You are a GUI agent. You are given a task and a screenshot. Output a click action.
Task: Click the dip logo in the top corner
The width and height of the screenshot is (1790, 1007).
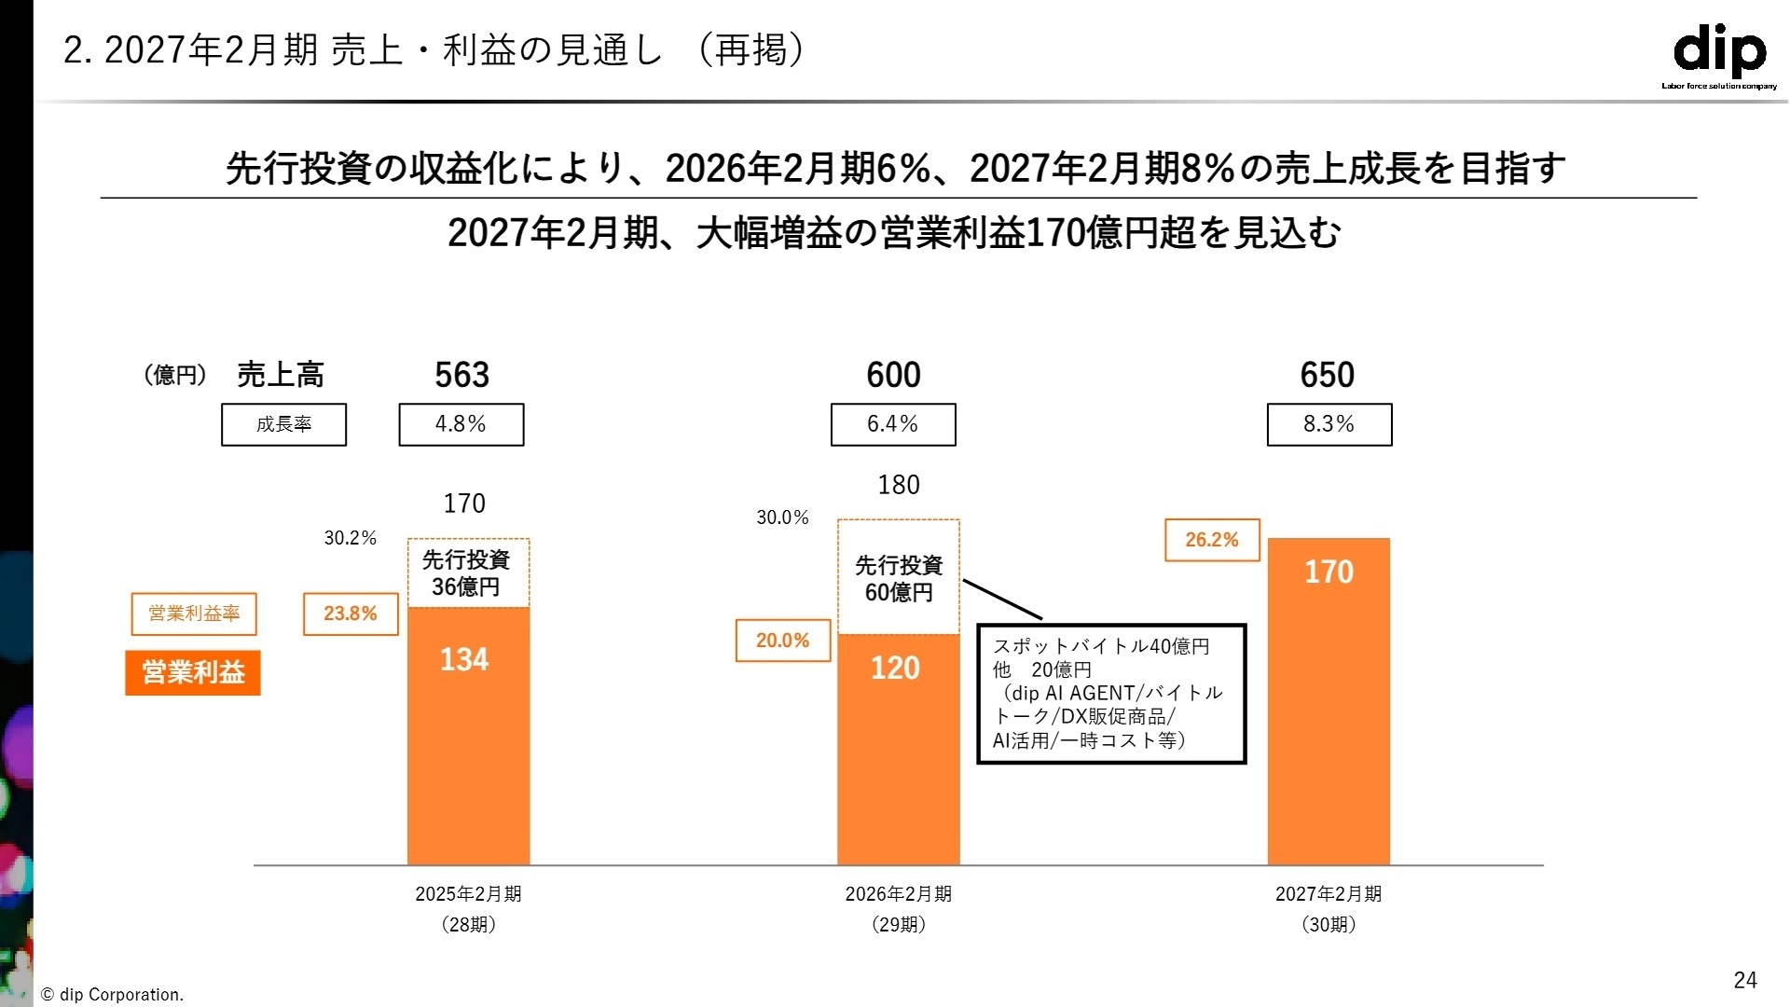tap(1719, 54)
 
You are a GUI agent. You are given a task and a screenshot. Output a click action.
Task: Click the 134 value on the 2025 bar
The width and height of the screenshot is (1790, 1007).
tap(464, 660)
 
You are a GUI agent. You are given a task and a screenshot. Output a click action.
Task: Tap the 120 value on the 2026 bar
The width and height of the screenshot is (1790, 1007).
tap(895, 669)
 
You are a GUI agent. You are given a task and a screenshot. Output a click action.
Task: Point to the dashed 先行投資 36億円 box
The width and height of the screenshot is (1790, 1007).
tap(468, 572)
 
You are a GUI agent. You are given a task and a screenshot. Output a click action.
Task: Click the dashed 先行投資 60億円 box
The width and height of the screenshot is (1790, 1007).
tap(898, 578)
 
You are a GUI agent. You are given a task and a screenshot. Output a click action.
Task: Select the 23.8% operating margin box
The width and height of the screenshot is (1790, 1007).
tap(351, 614)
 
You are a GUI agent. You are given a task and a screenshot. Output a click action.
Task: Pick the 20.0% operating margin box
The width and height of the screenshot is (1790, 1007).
tap(782, 641)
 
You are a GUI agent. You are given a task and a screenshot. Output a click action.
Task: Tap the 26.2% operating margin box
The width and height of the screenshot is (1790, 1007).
tap(1212, 540)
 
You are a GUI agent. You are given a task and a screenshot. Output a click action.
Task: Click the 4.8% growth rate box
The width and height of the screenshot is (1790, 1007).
tap(461, 424)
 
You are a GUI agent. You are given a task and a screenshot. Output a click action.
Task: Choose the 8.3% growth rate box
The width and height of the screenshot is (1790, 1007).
tap(1329, 424)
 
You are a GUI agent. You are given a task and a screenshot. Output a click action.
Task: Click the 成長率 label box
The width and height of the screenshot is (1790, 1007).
tap(283, 424)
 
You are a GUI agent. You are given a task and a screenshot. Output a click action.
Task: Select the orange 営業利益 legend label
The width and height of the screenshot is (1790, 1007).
tap(193, 672)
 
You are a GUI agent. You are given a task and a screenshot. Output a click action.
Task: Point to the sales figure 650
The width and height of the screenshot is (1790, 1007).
tap(1327, 375)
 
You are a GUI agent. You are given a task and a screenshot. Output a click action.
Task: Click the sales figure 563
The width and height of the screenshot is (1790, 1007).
tap(461, 375)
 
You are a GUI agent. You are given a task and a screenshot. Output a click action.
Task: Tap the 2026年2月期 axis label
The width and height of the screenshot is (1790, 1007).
tap(898, 894)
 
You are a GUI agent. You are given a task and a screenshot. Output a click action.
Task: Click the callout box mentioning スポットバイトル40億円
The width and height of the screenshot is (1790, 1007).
tap(1110, 694)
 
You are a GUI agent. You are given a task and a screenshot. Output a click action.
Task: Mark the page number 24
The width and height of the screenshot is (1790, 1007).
tap(1744, 980)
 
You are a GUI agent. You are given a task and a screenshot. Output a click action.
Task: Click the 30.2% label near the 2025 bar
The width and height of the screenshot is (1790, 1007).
tap(350, 538)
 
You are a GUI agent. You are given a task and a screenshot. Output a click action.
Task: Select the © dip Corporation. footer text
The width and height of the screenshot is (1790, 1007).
tap(113, 995)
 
